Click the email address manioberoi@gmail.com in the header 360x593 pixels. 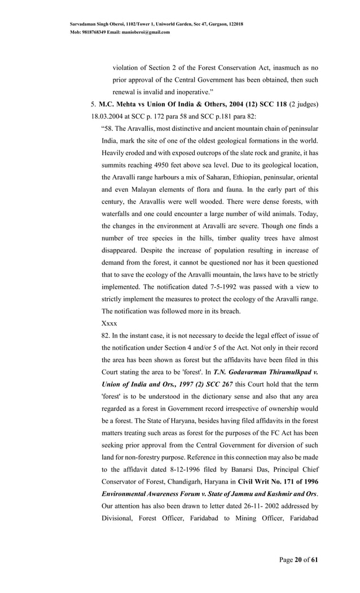(146, 32)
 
